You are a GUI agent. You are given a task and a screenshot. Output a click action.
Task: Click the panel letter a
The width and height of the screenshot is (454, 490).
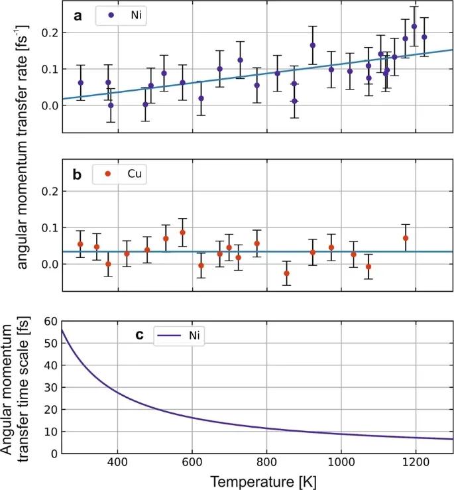click(78, 16)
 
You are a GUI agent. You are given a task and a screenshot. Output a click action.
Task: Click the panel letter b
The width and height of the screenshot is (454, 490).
click(78, 176)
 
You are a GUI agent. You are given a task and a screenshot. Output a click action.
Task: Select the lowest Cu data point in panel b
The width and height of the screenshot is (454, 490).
click(286, 273)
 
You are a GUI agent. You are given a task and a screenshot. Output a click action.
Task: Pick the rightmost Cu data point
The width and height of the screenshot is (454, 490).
click(406, 238)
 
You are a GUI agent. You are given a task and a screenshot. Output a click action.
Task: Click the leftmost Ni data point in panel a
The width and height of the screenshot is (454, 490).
click(81, 83)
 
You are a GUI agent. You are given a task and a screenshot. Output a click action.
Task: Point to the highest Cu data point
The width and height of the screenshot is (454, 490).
click(182, 233)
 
